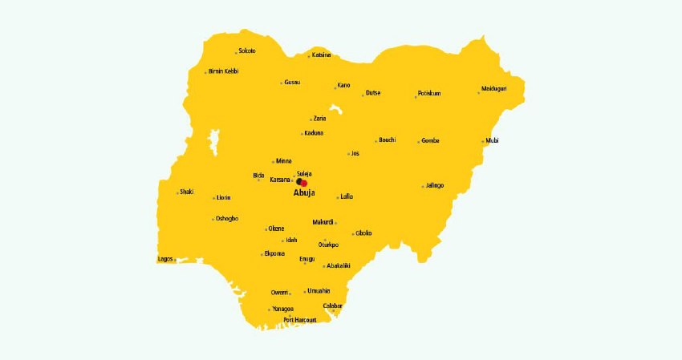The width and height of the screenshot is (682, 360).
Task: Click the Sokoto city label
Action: tap(247, 51)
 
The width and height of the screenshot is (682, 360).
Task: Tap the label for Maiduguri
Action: tap(494, 88)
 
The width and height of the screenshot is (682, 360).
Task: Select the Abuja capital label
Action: tap(304, 193)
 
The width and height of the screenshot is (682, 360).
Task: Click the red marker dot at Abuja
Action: tap(304, 184)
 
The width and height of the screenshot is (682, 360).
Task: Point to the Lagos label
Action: tap(165, 259)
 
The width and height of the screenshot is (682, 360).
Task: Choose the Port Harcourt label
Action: tap(300, 320)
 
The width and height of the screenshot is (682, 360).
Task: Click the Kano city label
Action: tap(344, 85)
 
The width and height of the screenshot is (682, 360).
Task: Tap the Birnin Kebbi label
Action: tap(223, 71)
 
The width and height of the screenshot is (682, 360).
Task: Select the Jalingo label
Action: tap(435, 185)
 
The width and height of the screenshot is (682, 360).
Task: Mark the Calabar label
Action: tap(333, 305)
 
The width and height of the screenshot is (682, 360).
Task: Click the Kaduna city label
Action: tap(314, 132)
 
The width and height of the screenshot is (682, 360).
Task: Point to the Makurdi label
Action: tap(323, 222)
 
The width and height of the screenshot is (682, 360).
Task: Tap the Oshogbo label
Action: tap(227, 218)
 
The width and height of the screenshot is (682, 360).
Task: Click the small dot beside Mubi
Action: tap(483, 142)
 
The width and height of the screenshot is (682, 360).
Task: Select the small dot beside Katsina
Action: tap(309, 56)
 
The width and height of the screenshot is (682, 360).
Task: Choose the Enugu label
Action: tap(307, 259)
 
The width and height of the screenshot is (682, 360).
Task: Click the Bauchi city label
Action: tap(388, 140)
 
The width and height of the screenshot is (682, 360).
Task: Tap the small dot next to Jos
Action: tap(349, 154)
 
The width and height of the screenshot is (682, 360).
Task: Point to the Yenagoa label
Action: tap(283, 309)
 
